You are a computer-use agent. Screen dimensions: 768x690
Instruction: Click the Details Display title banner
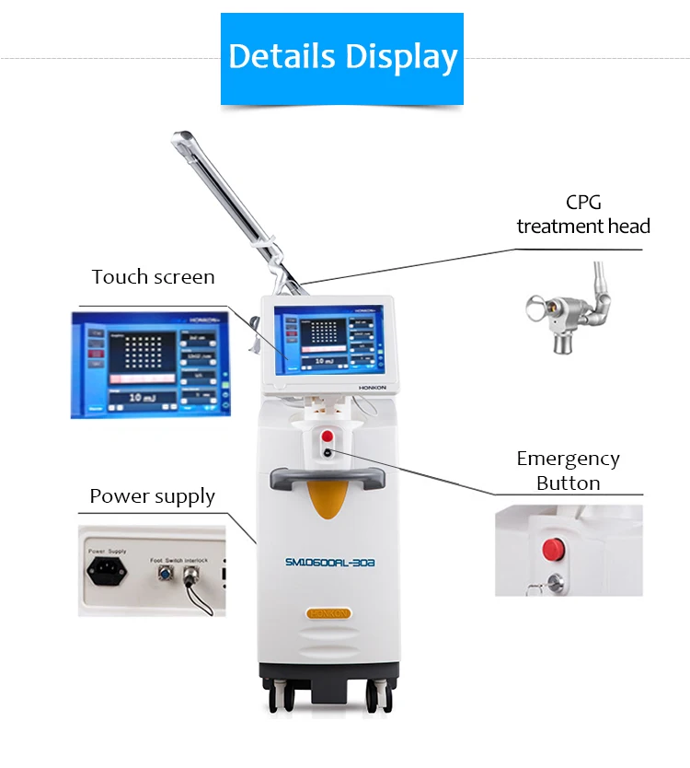(342, 57)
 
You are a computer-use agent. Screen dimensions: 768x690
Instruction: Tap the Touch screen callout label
(153, 277)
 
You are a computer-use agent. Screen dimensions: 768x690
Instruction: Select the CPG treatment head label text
(582, 215)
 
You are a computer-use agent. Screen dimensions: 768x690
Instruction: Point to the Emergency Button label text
(568, 471)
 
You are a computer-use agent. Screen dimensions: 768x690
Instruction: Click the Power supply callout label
(152, 496)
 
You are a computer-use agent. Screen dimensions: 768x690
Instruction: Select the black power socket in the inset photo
(106, 569)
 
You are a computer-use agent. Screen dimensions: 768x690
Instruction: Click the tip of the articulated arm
(178, 140)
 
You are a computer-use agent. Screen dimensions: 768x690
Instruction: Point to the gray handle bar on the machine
(327, 476)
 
